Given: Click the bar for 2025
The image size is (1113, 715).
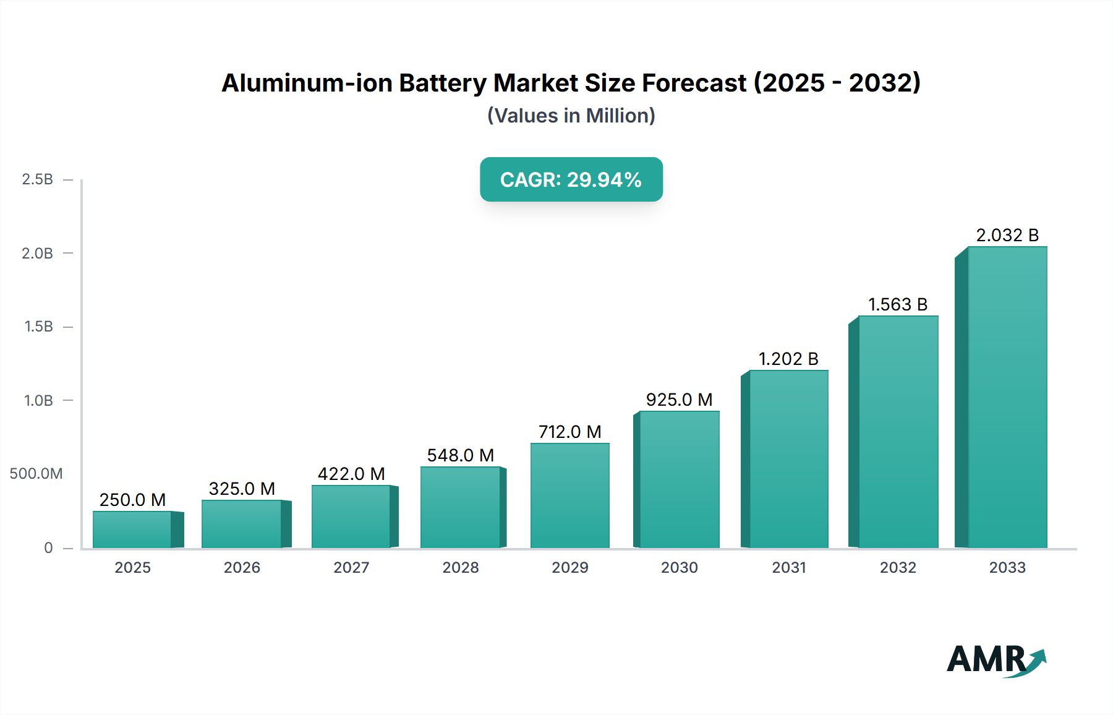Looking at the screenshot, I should tap(132, 529).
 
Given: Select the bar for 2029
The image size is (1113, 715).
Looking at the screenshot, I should tap(570, 495).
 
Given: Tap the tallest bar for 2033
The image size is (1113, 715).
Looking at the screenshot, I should tap(1007, 397).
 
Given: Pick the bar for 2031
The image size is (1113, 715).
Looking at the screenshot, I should tap(788, 459).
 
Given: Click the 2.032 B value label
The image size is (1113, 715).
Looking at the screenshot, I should tap(1007, 235).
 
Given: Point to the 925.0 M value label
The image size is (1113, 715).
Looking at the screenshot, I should tap(679, 400).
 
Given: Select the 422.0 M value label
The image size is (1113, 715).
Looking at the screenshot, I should tap(351, 474).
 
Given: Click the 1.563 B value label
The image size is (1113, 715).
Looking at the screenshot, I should tap(898, 304).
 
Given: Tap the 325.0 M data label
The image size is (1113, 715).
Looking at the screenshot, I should tap(242, 489).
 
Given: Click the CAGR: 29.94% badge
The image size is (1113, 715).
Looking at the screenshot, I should tap(571, 179).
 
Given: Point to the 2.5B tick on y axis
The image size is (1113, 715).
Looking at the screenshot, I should tap(38, 179).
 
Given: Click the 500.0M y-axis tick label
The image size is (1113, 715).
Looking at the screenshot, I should tap(36, 474).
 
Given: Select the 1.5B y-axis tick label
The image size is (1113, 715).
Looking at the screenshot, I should tap(38, 327).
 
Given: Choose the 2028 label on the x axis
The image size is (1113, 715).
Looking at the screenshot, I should tap(461, 567).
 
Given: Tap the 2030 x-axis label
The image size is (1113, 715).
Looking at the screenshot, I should tap(679, 567).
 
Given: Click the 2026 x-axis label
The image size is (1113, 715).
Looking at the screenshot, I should tap(242, 567).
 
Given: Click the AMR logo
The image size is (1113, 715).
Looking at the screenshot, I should tap(996, 660).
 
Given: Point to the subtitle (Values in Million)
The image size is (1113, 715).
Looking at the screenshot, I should tap(571, 116).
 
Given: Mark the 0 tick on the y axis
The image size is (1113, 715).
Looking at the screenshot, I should tap(48, 548).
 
